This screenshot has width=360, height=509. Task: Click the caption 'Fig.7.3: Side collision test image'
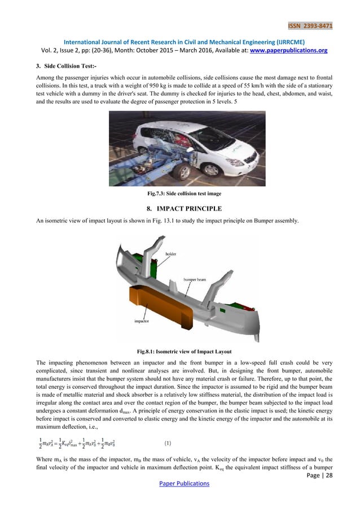181,194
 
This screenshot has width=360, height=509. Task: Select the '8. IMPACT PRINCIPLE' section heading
181,209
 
